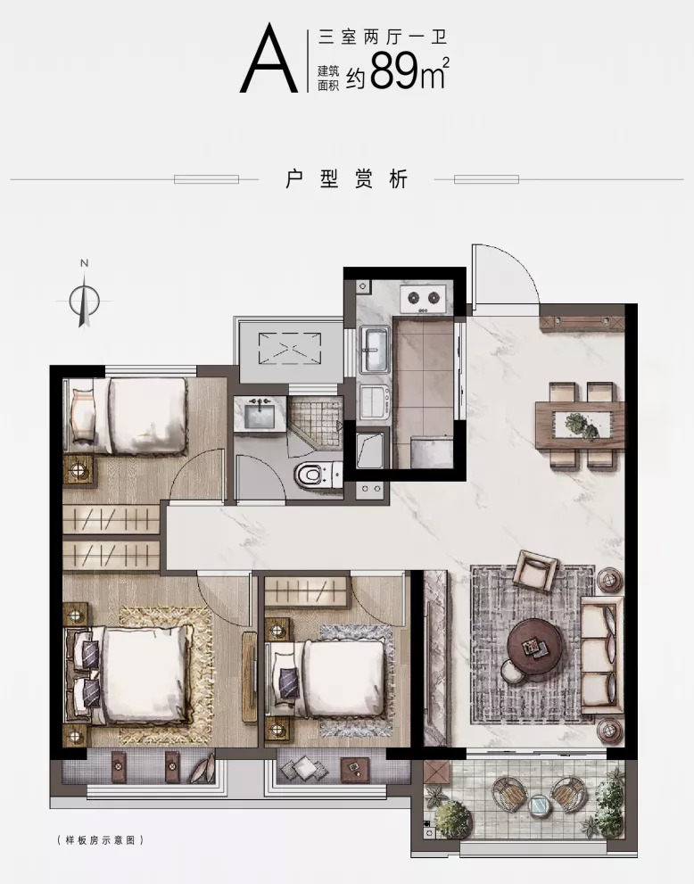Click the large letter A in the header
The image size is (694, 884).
tap(269, 58)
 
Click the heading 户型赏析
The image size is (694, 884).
tap(346, 179)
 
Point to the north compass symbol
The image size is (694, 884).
tap(84, 300)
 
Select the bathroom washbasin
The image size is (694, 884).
tap(260, 412)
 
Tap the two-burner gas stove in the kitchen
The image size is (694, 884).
tap(423, 299)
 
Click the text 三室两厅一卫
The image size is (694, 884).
tap(383, 37)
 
